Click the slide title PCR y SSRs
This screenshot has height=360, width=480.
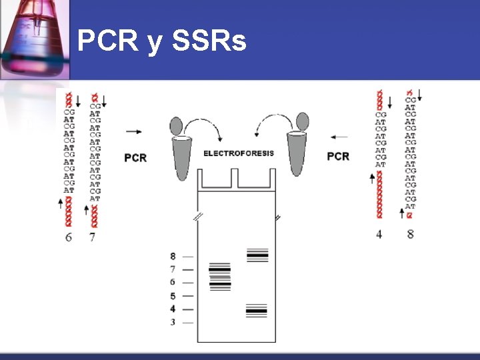161,41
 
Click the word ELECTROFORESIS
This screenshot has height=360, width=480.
238,153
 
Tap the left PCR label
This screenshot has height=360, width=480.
135,157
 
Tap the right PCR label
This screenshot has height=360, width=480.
338,156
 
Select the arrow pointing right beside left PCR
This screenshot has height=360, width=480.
133,132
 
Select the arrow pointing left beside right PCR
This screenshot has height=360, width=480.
339,137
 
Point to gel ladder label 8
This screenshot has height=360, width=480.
173,256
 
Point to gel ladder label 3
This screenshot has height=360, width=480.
173,323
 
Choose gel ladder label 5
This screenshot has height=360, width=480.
173,296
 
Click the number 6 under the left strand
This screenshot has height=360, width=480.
69,237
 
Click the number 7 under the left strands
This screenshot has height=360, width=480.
92,237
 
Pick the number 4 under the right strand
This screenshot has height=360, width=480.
379,234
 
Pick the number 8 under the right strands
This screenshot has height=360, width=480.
410,234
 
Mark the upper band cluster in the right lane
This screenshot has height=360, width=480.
257,255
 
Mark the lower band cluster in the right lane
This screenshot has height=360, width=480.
256,310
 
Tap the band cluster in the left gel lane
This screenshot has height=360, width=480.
219,277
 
